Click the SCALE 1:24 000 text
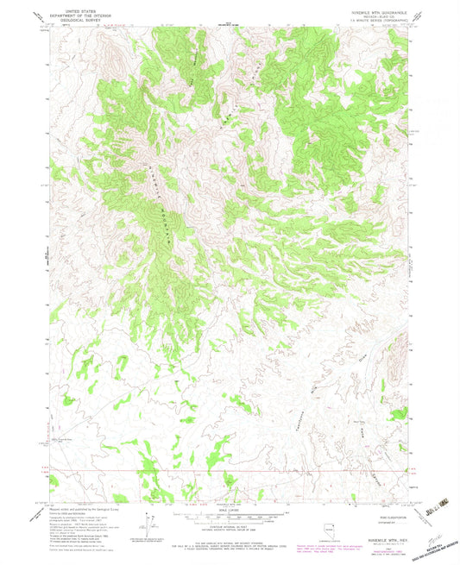(230, 510)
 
